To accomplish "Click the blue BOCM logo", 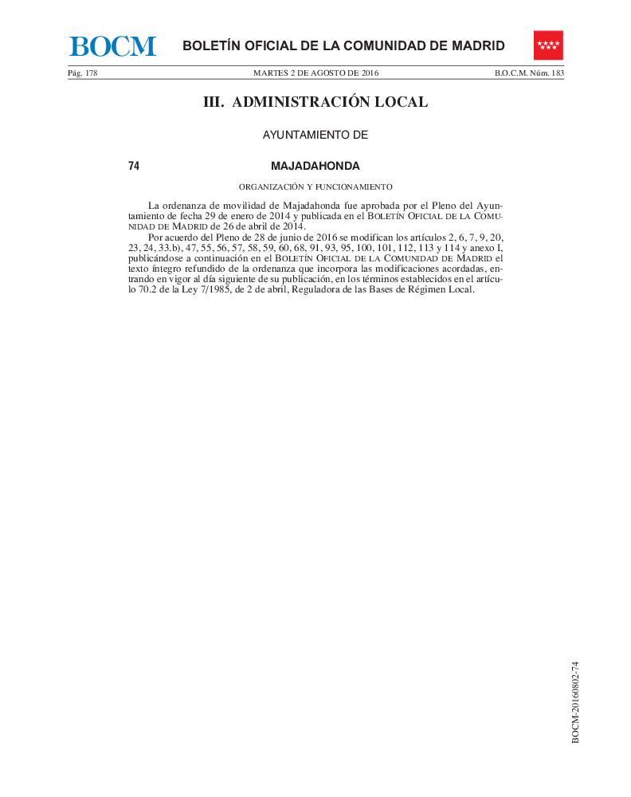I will (112, 46).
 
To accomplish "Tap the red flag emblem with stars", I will (548, 45).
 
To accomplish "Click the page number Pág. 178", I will (82, 73).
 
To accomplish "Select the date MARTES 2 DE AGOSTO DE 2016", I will (315, 73).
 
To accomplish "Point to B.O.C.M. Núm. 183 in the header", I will (529, 73).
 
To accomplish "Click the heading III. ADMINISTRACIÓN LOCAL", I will (315, 102).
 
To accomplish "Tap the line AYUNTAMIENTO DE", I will (315, 135).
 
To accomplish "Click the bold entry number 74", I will (134, 167).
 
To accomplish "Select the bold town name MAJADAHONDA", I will (315, 167).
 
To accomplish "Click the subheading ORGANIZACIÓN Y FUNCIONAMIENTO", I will (315, 187).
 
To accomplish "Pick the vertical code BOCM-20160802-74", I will (575, 702).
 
